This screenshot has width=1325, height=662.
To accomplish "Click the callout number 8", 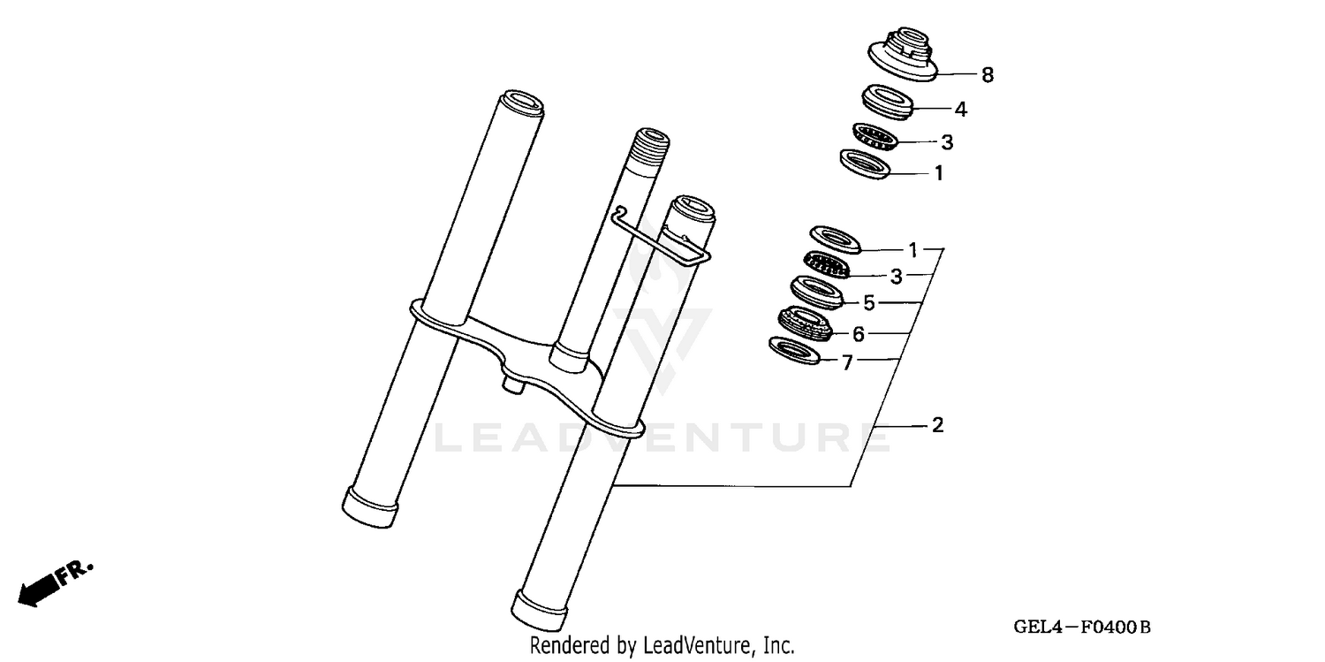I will coord(988,76).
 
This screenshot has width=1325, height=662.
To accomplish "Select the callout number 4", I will coord(960,110).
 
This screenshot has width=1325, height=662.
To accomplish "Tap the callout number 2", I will coord(938,426).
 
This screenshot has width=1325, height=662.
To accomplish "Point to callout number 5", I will coord(869,303).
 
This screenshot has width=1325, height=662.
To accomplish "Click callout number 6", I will coord(858,333).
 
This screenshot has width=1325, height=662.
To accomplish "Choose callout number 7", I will coord(847,362).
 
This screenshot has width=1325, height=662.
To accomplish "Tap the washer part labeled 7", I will coord(795,349).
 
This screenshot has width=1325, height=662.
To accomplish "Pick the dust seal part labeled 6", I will coord(805,323).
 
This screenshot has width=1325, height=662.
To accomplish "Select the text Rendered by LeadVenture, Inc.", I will coord(662,645).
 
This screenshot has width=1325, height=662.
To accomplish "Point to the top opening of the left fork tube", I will coord(521,101).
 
